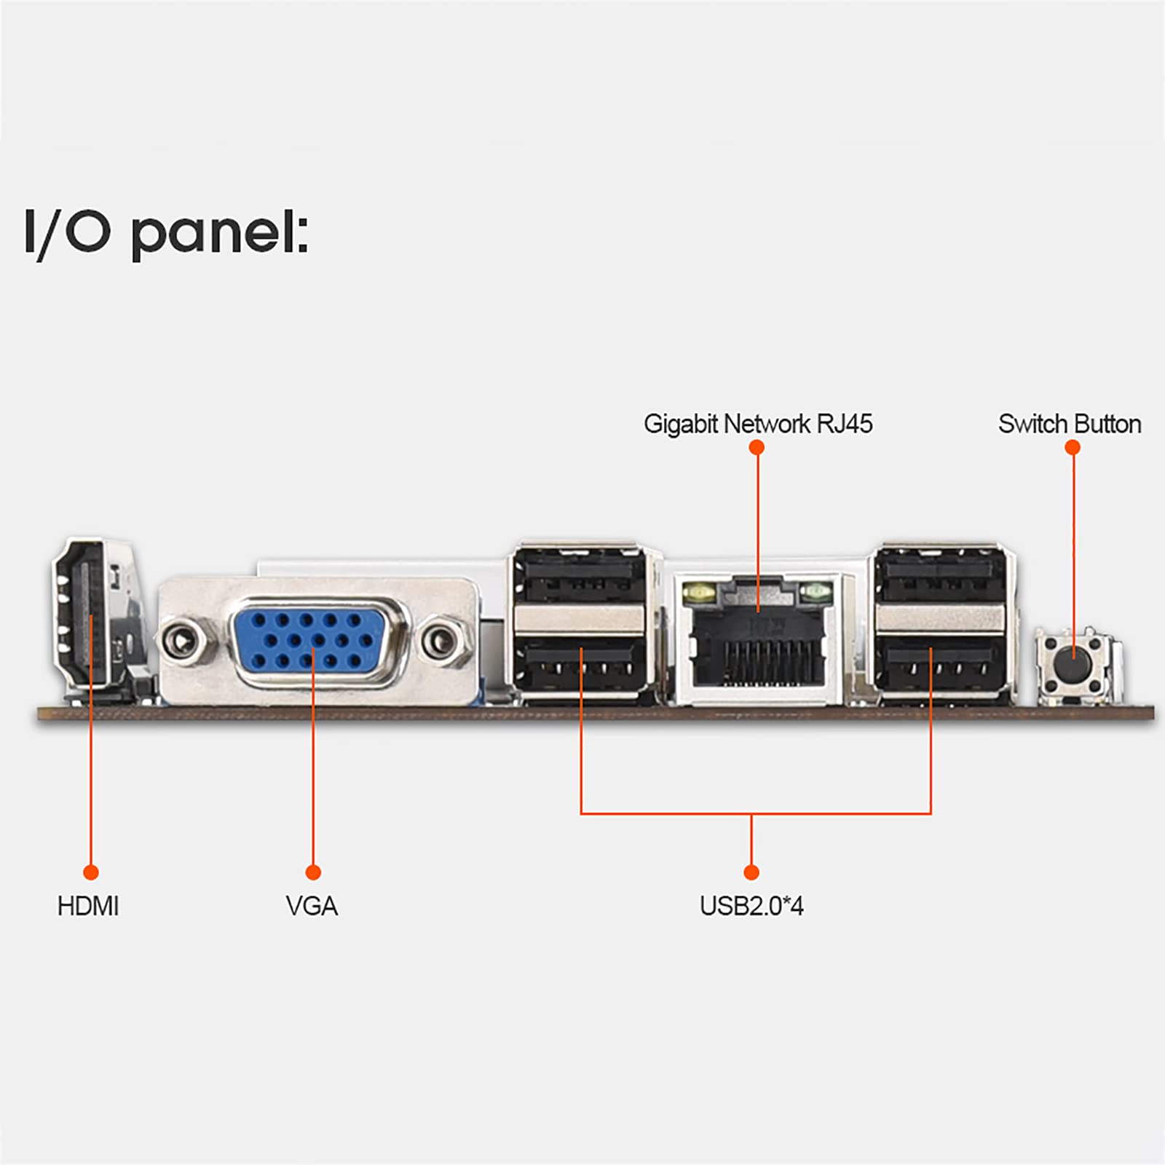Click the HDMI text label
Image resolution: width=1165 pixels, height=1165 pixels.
point(88,906)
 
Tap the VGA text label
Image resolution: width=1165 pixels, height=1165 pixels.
point(312,906)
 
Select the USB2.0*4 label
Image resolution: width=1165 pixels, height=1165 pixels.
point(751,906)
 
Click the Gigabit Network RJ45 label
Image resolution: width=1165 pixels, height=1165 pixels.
point(757,424)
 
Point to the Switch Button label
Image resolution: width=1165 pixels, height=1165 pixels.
point(1069,424)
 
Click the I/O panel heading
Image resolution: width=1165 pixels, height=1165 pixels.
point(167,233)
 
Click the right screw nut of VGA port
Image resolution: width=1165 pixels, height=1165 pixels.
point(440,641)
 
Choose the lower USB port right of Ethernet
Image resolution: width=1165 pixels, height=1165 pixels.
point(939,661)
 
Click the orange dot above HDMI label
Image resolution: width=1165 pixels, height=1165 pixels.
point(91,872)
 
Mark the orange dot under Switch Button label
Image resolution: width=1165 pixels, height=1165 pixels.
point(1072,447)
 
